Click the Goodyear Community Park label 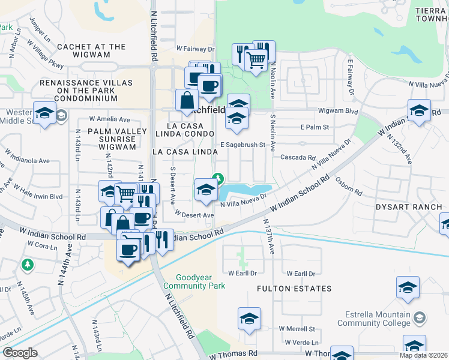200,282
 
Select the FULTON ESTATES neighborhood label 294,289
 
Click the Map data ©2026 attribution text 423,355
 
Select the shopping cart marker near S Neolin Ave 256,60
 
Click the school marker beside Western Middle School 44,113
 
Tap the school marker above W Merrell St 249,318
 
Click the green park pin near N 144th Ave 26,264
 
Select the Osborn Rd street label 349,185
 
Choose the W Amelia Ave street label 109,119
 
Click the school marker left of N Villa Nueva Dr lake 206,190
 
